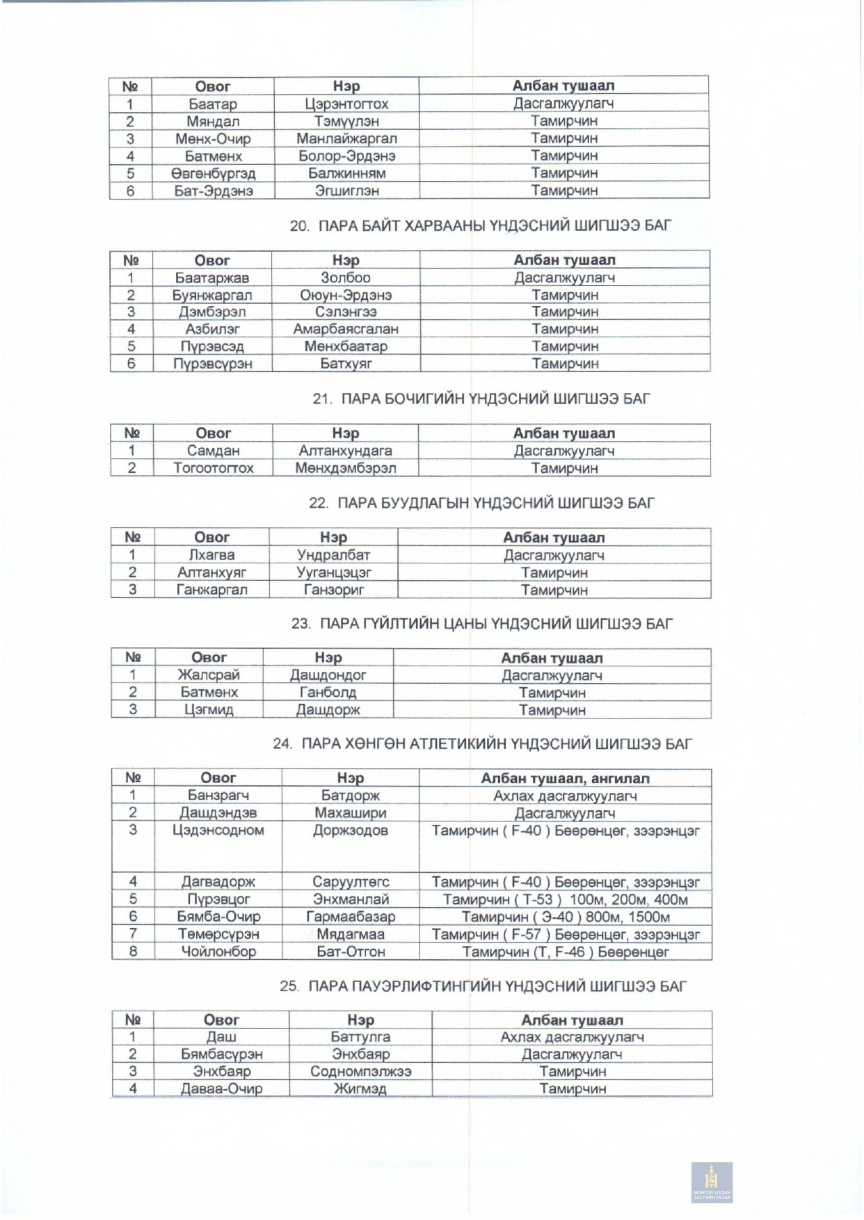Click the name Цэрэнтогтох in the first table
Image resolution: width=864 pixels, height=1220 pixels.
click(346, 104)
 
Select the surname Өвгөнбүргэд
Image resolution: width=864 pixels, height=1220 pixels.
click(213, 173)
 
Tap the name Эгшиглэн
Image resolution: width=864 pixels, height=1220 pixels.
click(346, 191)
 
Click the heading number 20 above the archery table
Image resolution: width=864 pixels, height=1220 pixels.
click(299, 225)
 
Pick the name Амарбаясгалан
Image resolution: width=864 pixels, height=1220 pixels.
click(346, 329)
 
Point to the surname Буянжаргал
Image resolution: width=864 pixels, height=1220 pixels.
click(211, 295)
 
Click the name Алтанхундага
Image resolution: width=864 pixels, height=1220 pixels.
click(345, 451)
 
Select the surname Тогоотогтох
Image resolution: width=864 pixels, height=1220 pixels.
click(213, 468)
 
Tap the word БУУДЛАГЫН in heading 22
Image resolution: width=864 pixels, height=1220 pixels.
click(403, 503)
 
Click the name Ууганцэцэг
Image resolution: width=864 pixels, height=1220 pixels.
click(334, 572)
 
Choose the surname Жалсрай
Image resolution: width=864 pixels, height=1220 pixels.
click(209, 675)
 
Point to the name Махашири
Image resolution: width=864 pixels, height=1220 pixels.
click(351, 813)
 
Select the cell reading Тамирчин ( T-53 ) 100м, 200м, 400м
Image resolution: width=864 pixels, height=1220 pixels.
click(565, 899)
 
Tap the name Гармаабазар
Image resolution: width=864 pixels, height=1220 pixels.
click(351, 917)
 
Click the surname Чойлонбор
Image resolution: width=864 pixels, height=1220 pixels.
click(218, 952)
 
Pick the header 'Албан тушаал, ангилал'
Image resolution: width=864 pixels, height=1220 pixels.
click(565, 778)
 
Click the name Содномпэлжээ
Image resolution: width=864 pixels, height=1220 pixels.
click(360, 1071)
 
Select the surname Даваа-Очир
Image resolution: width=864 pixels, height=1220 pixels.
click(221, 1089)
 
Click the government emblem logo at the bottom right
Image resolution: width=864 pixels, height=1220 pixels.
click(712, 1182)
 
